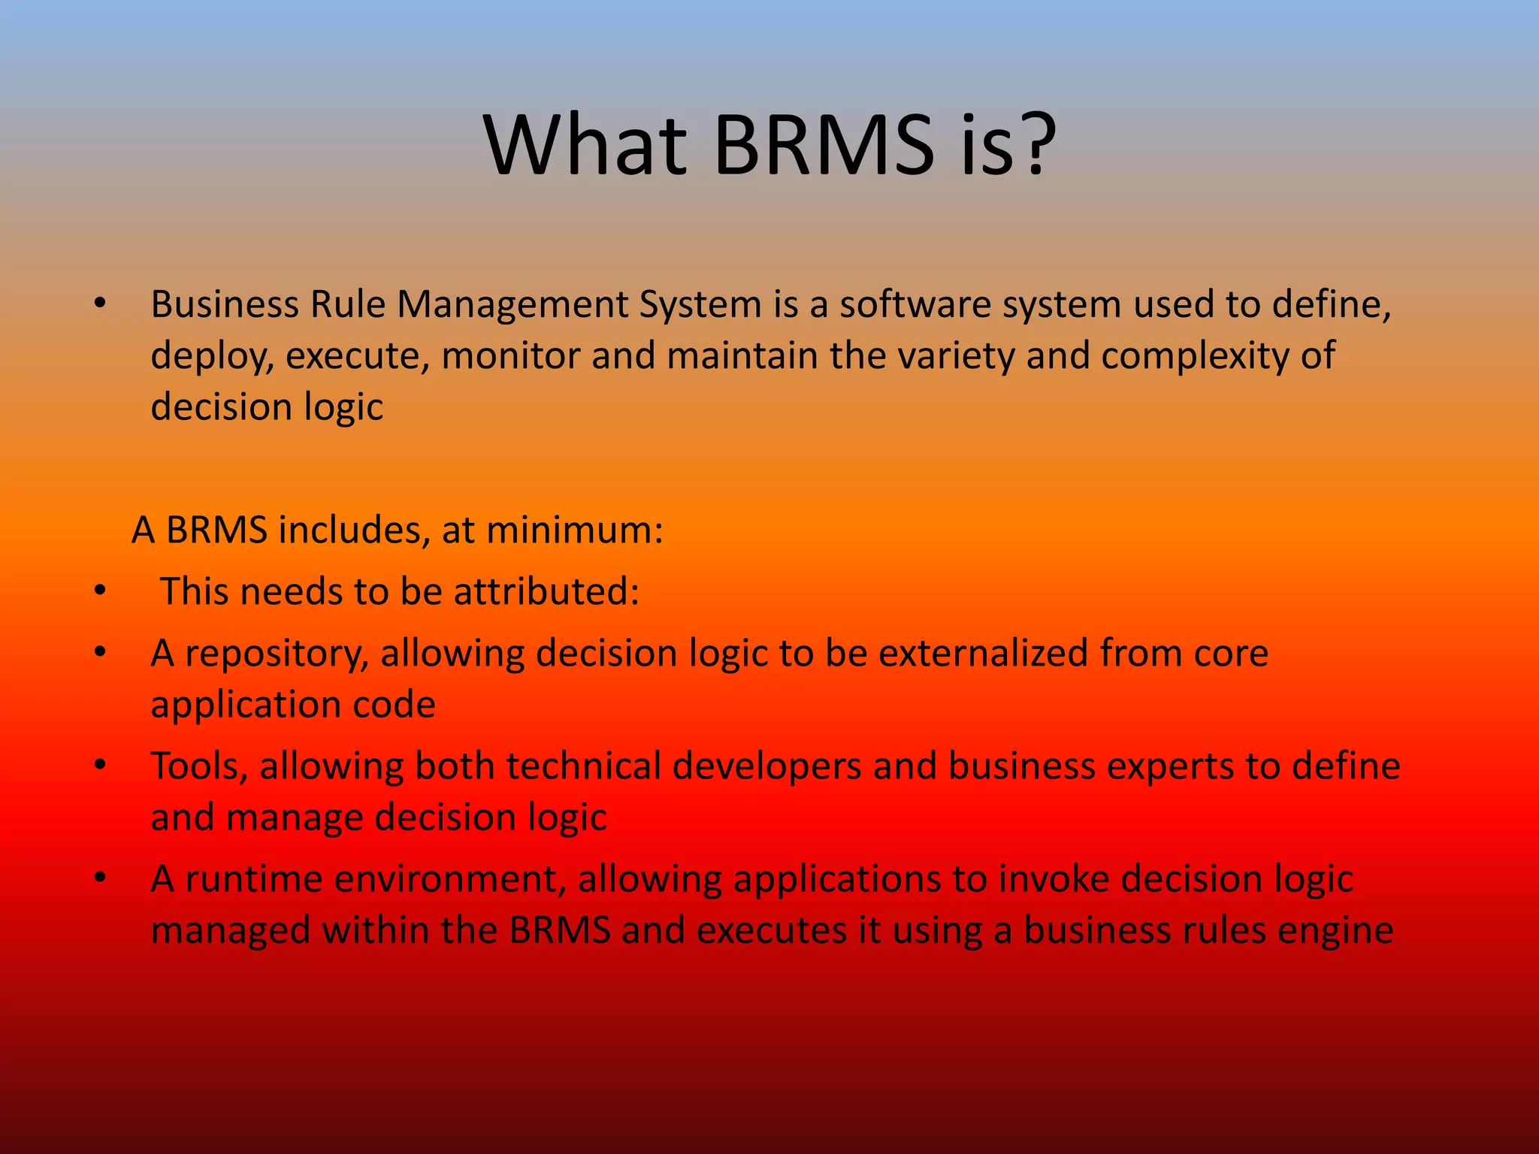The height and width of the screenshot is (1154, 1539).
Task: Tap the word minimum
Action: coord(574,530)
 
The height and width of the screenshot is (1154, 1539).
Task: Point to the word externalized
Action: coord(983,654)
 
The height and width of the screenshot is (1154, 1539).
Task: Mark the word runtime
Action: coord(254,879)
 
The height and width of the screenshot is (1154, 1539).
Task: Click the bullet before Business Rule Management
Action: coord(100,304)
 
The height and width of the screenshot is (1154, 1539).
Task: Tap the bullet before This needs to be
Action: coord(100,591)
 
